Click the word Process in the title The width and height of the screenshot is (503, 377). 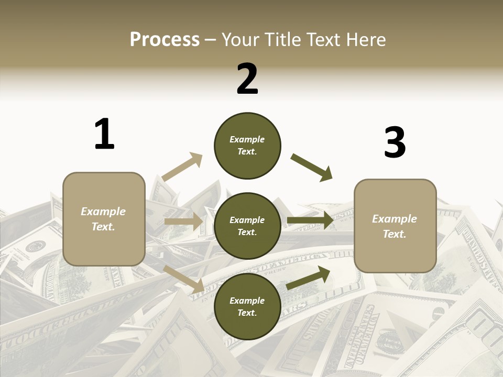(165, 40)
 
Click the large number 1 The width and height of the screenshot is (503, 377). (104, 134)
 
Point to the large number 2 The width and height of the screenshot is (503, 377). (247, 79)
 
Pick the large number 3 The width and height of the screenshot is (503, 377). (395, 142)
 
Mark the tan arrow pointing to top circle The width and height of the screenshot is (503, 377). (182, 167)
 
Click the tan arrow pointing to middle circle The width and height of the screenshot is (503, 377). (183, 221)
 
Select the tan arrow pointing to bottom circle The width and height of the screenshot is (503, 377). (184, 279)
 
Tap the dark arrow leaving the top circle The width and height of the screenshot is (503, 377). (312, 168)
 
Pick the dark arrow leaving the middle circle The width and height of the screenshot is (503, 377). (310, 220)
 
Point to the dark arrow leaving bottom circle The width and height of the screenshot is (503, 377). (308, 278)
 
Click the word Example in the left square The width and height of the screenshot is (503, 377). (103, 212)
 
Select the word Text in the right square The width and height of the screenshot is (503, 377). (395, 234)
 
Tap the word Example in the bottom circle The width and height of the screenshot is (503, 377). (247, 301)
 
